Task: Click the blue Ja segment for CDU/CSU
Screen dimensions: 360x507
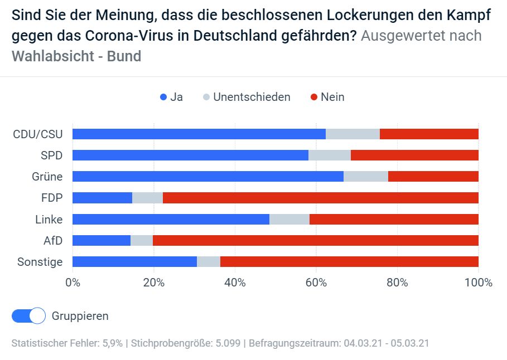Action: pos(199,134)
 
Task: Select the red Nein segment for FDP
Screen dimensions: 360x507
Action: pos(320,198)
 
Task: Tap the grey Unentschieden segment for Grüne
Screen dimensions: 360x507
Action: pos(365,177)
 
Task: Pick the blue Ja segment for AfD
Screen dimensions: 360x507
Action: pos(102,241)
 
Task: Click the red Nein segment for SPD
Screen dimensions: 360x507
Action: pos(414,155)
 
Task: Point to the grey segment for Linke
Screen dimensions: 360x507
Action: pos(289,220)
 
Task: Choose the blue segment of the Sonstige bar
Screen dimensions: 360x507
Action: pos(134,262)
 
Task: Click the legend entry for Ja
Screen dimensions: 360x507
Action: pos(171,97)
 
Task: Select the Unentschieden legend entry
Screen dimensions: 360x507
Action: pos(246,97)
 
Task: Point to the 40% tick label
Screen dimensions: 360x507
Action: pos(235,283)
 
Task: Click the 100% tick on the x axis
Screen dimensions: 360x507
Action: pos(478,283)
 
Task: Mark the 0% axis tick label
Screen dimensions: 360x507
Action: pos(73,283)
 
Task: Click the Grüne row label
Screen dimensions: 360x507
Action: pos(47,177)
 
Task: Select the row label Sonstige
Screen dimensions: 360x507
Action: pos(40,262)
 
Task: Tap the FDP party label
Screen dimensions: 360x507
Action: pos(52,198)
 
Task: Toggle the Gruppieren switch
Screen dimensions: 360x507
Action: pos(28,316)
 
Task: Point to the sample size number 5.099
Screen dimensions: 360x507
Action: pos(229,343)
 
